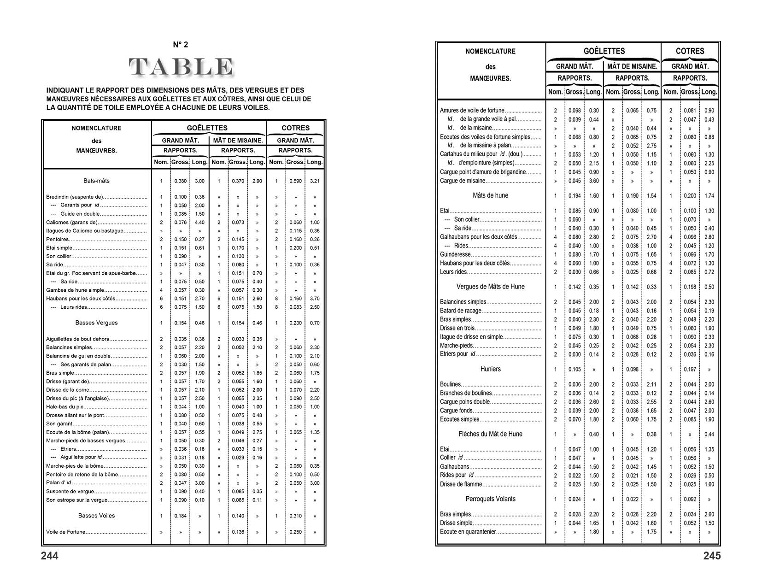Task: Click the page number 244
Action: point(50,556)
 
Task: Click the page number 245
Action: point(712,556)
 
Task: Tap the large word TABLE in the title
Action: point(181,67)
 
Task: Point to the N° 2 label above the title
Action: point(180,45)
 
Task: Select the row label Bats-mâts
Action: point(97,181)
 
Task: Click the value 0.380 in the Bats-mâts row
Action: point(181,181)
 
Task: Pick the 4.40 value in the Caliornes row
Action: point(199,222)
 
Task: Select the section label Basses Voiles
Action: point(97,516)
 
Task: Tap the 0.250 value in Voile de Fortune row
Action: point(296,532)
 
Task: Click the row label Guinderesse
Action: point(455,254)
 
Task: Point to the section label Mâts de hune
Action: point(490,195)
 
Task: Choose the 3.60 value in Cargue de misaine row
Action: point(594,181)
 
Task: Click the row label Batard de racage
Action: point(460,311)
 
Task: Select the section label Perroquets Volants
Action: point(490,499)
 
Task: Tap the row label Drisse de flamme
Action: point(461,484)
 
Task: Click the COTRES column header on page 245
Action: point(690,51)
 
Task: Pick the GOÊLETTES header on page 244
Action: point(207,128)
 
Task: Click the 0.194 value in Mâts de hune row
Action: point(574,196)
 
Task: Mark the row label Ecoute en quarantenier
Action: point(468,532)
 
